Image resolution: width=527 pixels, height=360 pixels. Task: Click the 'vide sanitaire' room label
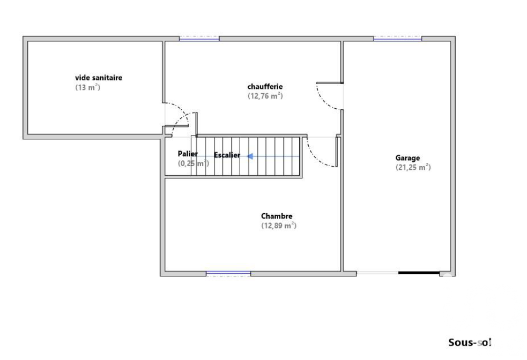[x=99, y=78]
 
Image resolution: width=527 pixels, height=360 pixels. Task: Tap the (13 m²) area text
[x=88, y=87]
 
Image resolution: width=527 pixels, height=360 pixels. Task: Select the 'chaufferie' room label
[x=265, y=86]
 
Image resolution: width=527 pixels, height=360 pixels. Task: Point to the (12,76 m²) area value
[x=265, y=96]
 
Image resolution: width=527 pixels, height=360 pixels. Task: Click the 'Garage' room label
[x=407, y=158]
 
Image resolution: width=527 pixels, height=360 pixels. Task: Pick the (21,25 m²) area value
[x=413, y=167]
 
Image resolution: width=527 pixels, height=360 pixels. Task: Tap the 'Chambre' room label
[x=277, y=216]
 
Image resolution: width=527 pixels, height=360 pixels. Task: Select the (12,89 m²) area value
[x=279, y=226]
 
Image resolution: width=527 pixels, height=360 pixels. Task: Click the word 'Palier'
[x=188, y=154]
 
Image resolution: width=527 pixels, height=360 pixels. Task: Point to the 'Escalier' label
[x=227, y=155]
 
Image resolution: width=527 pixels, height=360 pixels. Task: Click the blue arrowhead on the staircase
[x=250, y=156]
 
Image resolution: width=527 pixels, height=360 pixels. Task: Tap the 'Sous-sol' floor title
[x=470, y=342]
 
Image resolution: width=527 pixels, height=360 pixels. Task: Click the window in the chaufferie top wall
[x=199, y=39]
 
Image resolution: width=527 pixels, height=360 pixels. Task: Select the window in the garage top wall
[x=398, y=39]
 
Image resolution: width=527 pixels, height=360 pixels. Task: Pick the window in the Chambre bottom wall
[x=228, y=274]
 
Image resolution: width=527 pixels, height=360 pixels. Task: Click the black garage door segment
[x=419, y=273]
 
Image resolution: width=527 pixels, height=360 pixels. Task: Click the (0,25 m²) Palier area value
[x=193, y=163]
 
